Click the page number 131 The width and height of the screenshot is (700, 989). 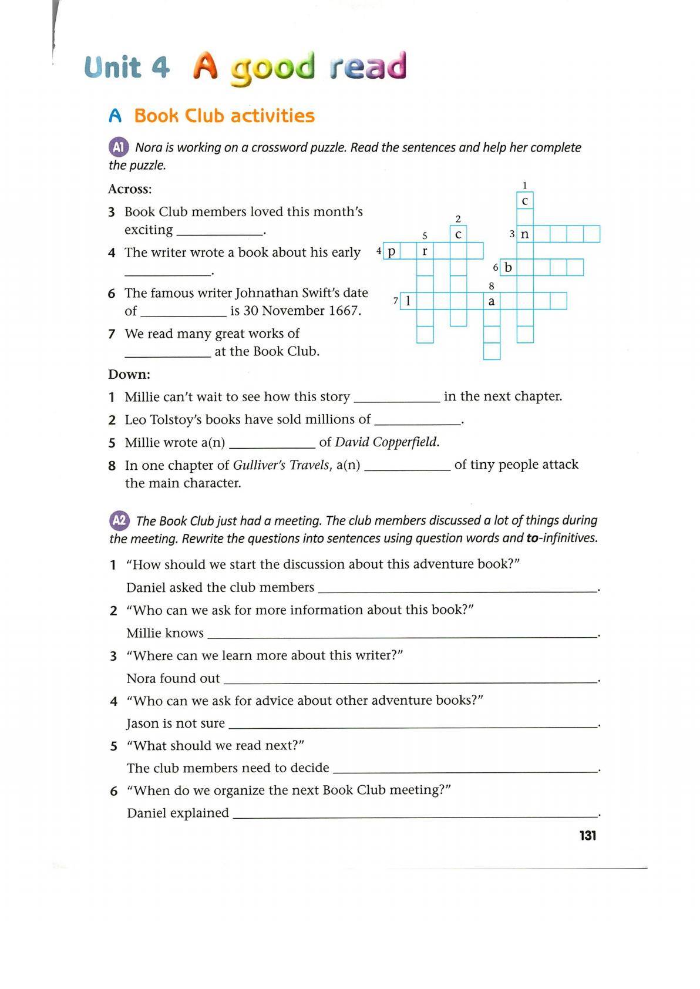pyautogui.click(x=587, y=835)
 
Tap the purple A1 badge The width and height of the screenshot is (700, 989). pyautogui.click(x=119, y=147)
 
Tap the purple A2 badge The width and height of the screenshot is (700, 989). pyautogui.click(x=119, y=520)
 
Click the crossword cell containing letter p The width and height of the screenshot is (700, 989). pyautogui.click(x=392, y=251)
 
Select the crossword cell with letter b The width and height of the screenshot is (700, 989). pyautogui.click(x=509, y=268)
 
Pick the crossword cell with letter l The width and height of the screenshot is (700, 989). pyautogui.click(x=408, y=301)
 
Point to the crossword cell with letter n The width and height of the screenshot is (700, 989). pyautogui.click(x=525, y=234)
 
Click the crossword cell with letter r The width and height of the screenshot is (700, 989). pyautogui.click(x=425, y=251)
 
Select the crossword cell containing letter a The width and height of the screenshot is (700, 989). pyautogui.click(x=492, y=301)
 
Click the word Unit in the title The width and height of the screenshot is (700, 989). pyautogui.click(x=113, y=68)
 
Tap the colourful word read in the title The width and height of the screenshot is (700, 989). pyautogui.click(x=368, y=66)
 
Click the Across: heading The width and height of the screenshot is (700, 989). pyautogui.click(x=130, y=189)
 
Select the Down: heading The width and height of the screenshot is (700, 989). pyautogui.click(x=129, y=374)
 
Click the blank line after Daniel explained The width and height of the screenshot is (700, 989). pyautogui.click(x=415, y=814)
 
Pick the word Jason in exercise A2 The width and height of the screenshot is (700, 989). pyautogui.click(x=142, y=724)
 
